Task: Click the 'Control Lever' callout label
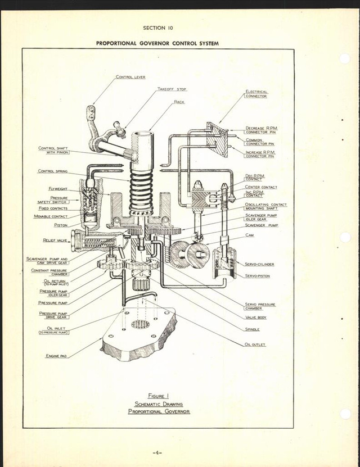[130, 77]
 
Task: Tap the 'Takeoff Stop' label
[172, 89]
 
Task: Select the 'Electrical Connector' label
[256, 94]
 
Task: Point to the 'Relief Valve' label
[55, 240]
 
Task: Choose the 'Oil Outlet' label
[255, 344]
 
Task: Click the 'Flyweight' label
[58, 189]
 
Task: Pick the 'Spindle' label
[251, 329]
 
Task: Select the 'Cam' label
[249, 235]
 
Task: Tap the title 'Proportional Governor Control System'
[157, 43]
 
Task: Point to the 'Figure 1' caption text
[158, 396]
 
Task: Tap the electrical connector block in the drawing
[217, 139]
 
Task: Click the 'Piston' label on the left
[60, 225]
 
